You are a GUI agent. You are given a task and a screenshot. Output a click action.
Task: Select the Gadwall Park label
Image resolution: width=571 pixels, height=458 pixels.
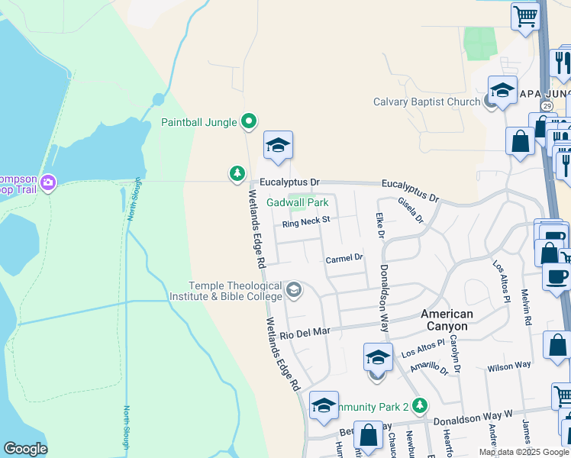point(298,202)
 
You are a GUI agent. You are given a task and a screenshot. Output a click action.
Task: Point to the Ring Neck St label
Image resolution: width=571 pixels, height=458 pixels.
point(305,221)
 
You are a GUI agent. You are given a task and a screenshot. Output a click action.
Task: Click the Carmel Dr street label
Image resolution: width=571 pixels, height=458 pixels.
point(344,260)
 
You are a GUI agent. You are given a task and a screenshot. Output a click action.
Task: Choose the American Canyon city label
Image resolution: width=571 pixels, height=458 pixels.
point(447,320)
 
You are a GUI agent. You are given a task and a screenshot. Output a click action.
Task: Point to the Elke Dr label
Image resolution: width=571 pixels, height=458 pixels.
point(378,224)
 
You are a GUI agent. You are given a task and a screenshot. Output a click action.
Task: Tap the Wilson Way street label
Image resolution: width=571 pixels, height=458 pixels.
point(509,366)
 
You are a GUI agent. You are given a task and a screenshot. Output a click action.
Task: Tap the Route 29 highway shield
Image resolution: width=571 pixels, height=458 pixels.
point(547,105)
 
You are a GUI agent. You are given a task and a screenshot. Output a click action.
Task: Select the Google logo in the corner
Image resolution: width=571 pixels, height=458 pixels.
point(25,448)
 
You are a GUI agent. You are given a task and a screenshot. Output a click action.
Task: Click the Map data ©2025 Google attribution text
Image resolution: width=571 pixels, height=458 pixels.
point(523,452)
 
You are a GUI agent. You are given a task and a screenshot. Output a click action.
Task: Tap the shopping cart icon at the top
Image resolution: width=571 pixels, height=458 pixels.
point(525,15)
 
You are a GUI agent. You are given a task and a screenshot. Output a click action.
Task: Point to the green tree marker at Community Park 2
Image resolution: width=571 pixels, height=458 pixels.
point(418,405)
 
